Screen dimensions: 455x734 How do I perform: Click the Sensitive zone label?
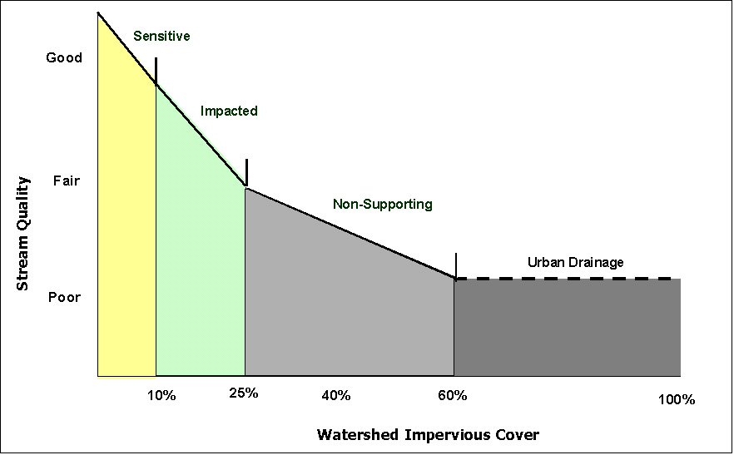[161, 37]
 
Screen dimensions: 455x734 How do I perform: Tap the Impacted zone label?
[229, 111]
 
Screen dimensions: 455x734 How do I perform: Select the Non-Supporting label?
[382, 204]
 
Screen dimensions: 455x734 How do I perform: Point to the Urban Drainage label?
[575, 263]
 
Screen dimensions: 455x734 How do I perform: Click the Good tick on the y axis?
[64, 58]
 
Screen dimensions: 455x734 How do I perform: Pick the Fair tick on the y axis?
[66, 181]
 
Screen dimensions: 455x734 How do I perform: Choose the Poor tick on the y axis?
[65, 297]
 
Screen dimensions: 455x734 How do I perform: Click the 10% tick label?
[161, 396]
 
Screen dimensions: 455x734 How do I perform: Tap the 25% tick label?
[244, 393]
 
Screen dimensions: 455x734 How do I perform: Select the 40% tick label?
[335, 396]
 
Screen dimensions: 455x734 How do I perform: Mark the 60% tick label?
[452, 395]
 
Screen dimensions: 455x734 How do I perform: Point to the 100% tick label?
[676, 400]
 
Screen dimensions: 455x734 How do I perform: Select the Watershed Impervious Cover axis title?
[428, 435]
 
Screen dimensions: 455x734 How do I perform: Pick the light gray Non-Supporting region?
[350, 308]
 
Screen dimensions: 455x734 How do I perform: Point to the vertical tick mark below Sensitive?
[156, 71]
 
